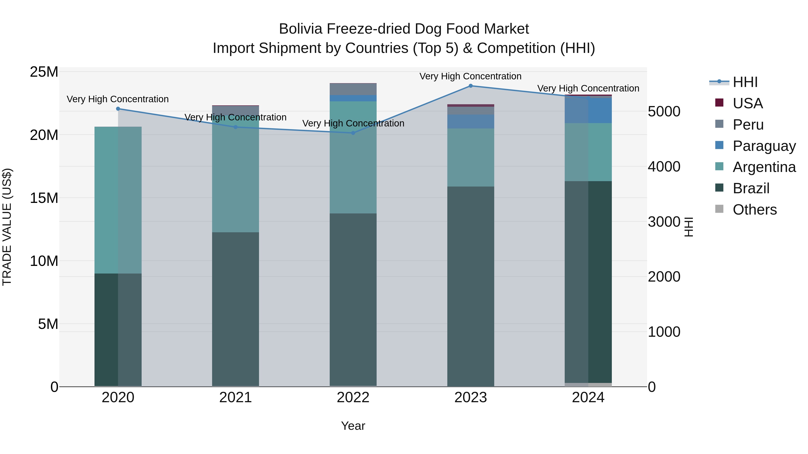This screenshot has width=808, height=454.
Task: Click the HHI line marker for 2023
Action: point(470,86)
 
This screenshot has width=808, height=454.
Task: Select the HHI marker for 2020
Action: point(118,109)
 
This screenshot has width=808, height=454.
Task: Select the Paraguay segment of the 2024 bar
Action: point(588,110)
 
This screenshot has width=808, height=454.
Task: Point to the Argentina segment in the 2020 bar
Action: point(118,200)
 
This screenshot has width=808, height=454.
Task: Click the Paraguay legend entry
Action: point(764,146)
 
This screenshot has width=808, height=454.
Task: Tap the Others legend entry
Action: point(754,210)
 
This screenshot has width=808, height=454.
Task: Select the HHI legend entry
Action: point(745,82)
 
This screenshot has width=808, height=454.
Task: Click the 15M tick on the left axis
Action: point(44,198)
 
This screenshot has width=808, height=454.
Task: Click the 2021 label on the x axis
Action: point(236,398)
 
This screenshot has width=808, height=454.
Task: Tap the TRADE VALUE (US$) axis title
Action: point(7,227)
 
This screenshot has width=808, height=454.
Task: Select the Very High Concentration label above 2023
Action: point(470,76)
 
